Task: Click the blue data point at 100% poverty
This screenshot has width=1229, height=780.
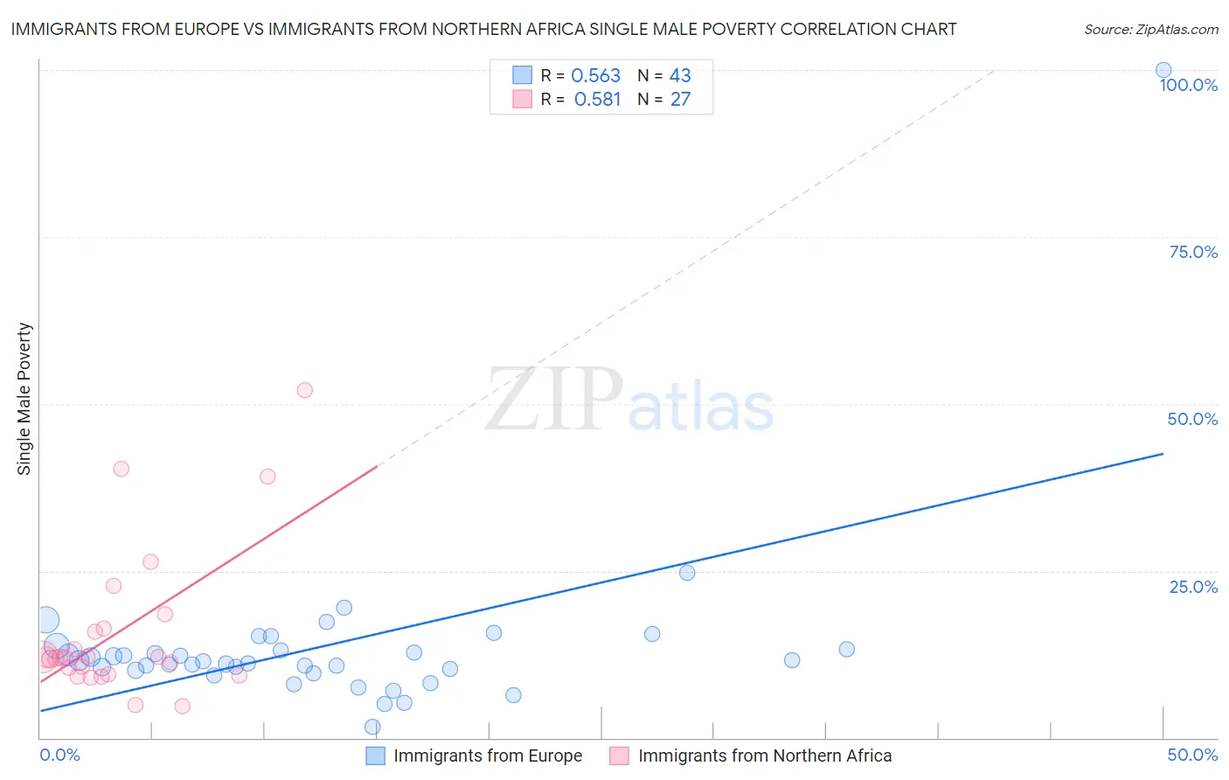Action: (1163, 71)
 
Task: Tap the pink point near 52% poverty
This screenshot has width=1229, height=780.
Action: (304, 390)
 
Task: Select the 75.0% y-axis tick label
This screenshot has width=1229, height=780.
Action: (1193, 252)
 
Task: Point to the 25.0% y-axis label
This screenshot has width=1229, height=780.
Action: (1193, 587)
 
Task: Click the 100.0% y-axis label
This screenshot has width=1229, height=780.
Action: (1189, 85)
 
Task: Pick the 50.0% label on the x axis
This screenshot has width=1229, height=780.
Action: (1192, 755)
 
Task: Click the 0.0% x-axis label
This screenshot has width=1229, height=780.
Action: (59, 755)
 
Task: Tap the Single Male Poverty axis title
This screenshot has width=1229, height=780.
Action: (24, 399)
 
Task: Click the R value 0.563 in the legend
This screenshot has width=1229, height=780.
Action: (595, 76)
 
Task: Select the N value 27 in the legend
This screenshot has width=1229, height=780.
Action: (680, 100)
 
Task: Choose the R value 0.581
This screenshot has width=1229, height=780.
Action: (597, 100)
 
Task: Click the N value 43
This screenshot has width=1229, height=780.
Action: (680, 76)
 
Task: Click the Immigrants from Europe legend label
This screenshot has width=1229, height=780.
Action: (488, 756)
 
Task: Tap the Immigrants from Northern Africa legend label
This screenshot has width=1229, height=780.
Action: (765, 756)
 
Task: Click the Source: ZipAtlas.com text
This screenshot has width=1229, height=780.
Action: (1150, 30)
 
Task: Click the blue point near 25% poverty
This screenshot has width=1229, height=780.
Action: (687, 573)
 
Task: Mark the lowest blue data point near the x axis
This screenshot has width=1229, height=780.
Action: (372, 727)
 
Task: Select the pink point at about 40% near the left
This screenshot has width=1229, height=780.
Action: (122, 469)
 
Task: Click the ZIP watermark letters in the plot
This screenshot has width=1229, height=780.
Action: (554, 400)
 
